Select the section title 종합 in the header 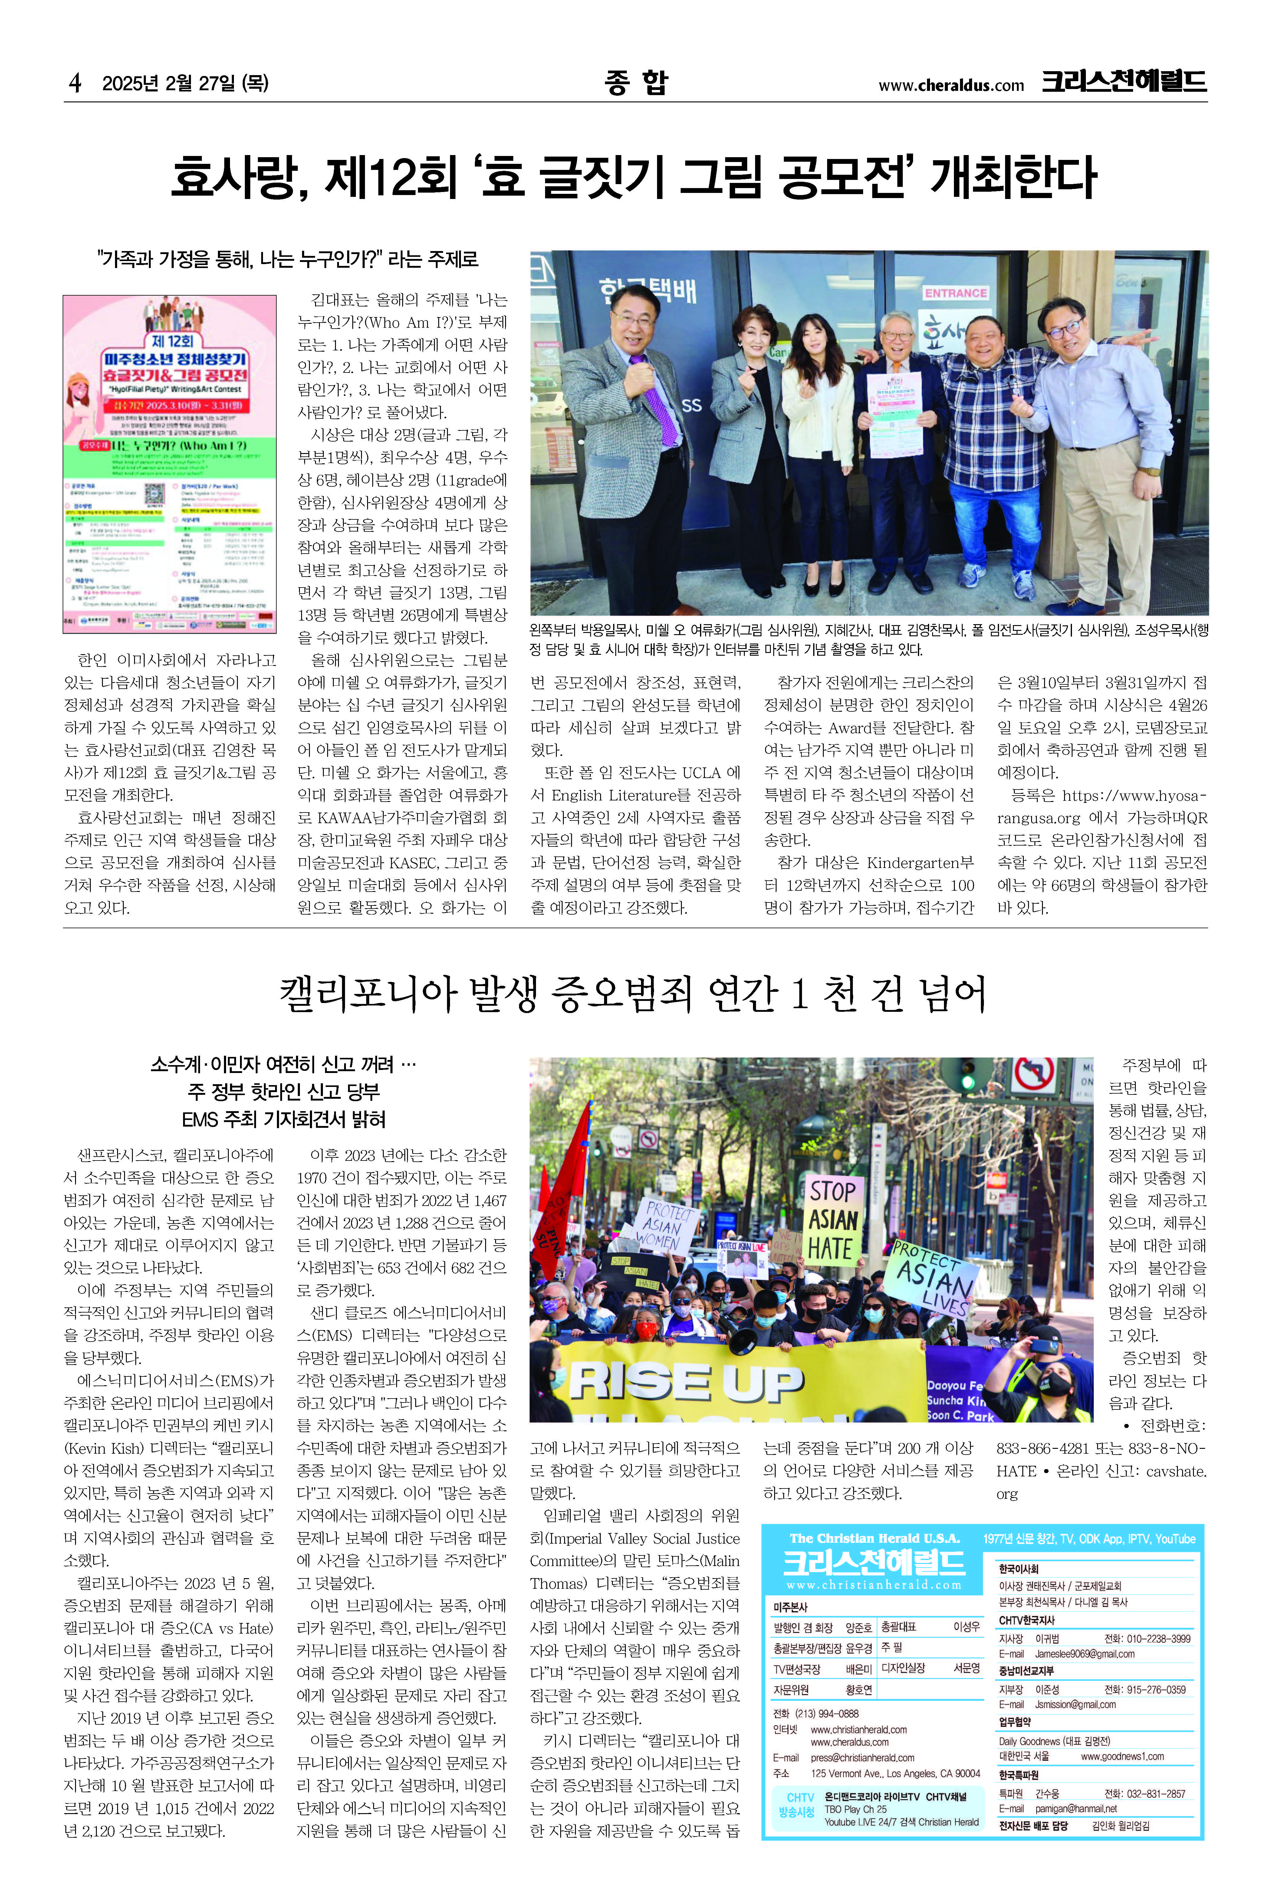(636, 82)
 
